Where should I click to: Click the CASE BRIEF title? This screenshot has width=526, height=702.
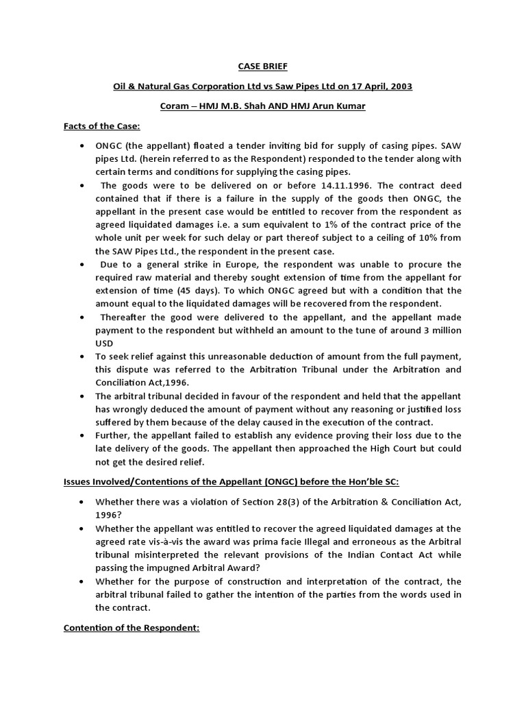click(262, 66)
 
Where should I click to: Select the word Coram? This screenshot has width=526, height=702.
click(175, 106)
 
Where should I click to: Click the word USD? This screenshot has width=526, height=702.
click(105, 343)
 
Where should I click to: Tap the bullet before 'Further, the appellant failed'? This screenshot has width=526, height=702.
click(83, 435)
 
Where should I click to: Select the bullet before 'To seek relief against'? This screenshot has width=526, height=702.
click(83, 356)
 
